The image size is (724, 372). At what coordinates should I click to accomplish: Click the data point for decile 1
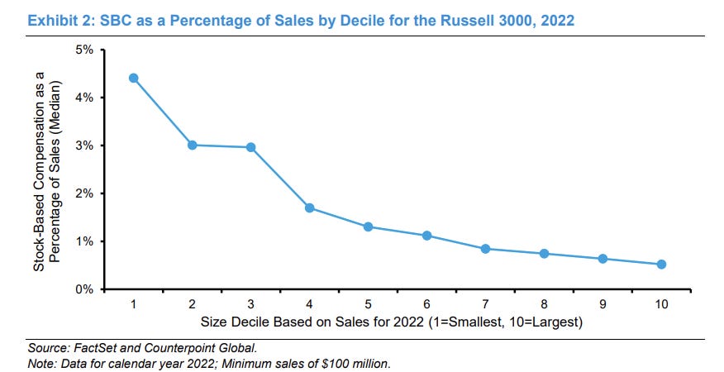pyautogui.click(x=133, y=79)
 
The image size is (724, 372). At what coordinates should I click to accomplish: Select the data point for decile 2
pyautogui.click(x=192, y=145)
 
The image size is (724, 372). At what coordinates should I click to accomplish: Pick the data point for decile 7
pyautogui.click(x=485, y=249)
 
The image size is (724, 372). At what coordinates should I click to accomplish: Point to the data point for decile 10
pyautogui.click(x=661, y=265)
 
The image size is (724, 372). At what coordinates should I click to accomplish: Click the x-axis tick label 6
pyautogui.click(x=426, y=304)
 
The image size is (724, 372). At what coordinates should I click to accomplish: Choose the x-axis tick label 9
pyautogui.click(x=603, y=304)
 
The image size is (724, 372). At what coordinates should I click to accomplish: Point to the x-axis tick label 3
pyautogui.click(x=250, y=304)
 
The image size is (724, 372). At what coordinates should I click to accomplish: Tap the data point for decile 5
pyautogui.click(x=368, y=227)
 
